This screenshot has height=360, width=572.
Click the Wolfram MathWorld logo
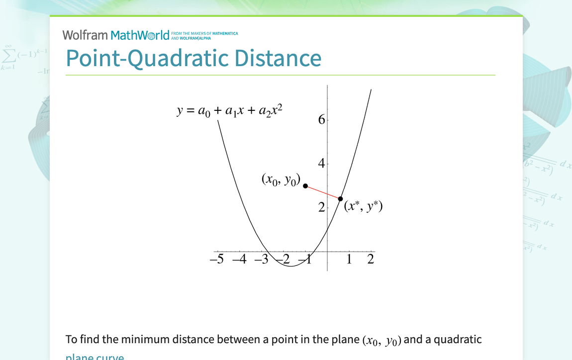(x=115, y=35)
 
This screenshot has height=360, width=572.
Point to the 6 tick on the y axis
(x=321, y=120)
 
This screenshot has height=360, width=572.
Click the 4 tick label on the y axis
(x=321, y=164)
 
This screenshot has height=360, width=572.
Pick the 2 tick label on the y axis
(x=321, y=207)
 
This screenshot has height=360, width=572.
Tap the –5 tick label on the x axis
(x=217, y=259)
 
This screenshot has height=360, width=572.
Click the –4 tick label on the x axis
(x=240, y=259)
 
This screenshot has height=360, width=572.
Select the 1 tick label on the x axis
(x=349, y=259)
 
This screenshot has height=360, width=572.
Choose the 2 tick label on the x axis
(x=371, y=259)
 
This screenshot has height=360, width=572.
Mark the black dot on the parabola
(x=340, y=199)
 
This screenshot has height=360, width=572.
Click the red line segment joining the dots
(x=323, y=192)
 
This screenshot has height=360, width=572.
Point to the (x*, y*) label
(x=363, y=206)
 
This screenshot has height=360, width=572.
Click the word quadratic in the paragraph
(x=459, y=340)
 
